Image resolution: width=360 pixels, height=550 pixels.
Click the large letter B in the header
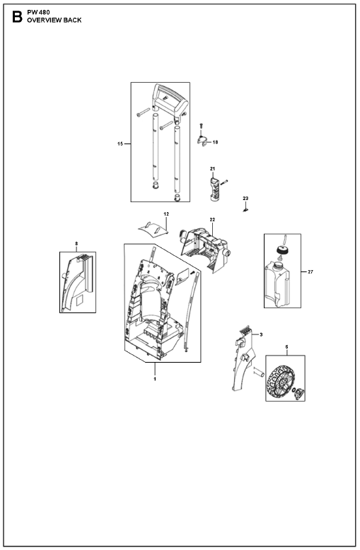point(17,16)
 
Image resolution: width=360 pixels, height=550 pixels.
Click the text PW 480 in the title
point(38,12)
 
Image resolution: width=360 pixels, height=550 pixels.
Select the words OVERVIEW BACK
point(54,20)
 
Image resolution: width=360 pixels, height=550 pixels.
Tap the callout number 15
point(120,144)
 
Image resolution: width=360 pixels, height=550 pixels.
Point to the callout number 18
point(215,142)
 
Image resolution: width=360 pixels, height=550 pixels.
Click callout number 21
point(212,169)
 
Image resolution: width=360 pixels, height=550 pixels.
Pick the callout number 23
point(245,198)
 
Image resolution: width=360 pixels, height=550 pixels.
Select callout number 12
point(166,213)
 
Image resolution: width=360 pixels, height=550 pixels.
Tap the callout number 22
point(212,220)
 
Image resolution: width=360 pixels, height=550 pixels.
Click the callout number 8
point(76,243)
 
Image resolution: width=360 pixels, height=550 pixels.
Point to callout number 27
point(310,271)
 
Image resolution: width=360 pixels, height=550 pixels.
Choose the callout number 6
point(286,347)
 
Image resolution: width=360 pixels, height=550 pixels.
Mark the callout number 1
point(155,379)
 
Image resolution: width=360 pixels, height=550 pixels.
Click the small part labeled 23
point(245,209)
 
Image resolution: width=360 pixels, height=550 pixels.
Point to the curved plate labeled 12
point(153,229)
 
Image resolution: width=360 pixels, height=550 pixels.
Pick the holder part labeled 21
point(215,189)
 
